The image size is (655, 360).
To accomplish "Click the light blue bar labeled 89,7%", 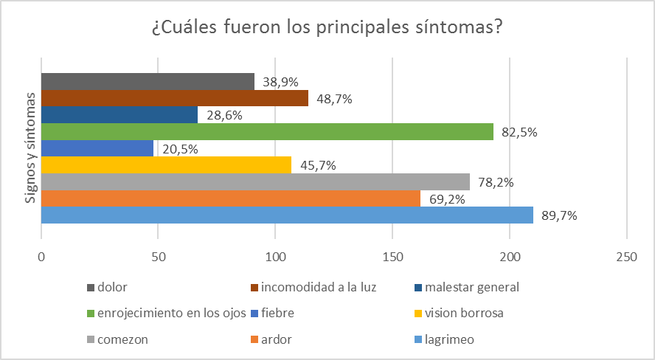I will click(287, 215).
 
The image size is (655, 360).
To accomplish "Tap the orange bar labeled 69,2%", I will click(230, 198).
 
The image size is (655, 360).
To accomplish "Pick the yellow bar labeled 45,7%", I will click(167, 165).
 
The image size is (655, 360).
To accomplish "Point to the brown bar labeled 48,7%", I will click(174, 98).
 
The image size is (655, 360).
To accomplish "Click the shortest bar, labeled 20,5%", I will click(97, 148).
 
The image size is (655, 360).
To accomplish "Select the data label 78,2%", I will click(497, 182).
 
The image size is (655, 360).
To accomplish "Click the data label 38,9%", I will click(281, 82).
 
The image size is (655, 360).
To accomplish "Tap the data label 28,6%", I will click(223, 115).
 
